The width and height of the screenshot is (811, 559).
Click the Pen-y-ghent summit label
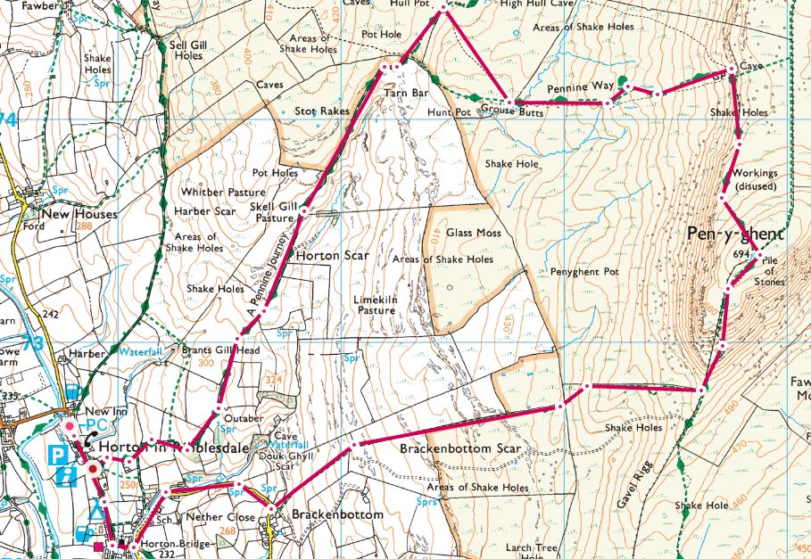(x=735, y=234)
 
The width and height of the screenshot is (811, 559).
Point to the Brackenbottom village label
(x=337, y=515)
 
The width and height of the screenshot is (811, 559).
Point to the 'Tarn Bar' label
(x=401, y=93)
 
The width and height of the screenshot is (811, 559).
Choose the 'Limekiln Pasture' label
(x=376, y=305)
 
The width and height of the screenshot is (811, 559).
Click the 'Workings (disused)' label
(x=753, y=179)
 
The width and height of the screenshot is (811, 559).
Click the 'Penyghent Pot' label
(x=584, y=271)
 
